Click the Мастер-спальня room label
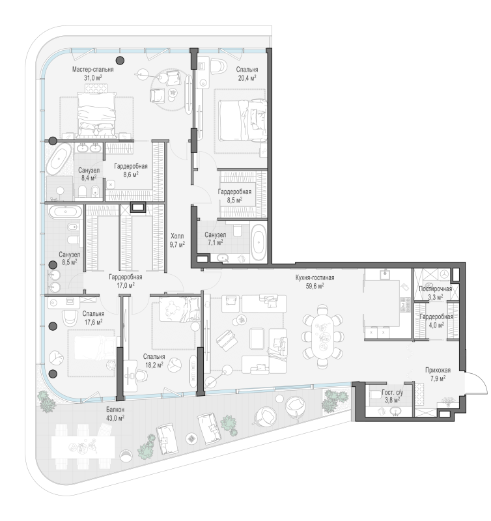(92, 70)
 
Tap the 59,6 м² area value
(315, 286)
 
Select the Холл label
(177, 236)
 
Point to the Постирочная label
(435, 289)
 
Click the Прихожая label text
(438, 370)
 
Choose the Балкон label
(115, 410)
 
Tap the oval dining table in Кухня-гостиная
(322, 336)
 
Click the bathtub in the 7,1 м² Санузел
(259, 242)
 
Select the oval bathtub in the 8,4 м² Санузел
(59, 159)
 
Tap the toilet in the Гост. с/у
(375, 395)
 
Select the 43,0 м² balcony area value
(115, 418)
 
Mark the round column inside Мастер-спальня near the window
(120, 60)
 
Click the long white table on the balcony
(83, 447)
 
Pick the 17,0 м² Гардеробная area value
(125, 285)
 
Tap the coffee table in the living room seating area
(257, 338)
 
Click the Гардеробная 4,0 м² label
(436, 321)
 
